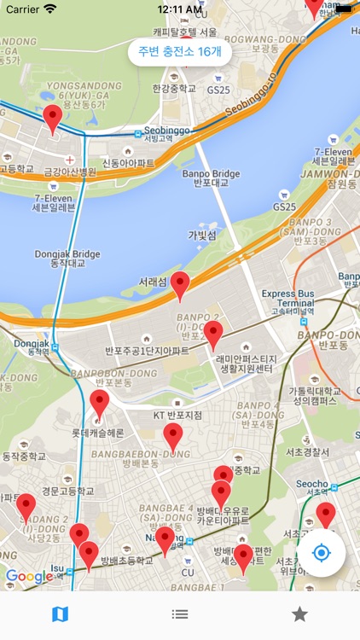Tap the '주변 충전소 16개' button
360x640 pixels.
coord(180,51)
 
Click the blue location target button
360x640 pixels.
coord(321,553)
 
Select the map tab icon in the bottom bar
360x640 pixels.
coord(60,614)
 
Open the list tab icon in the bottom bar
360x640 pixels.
coord(180,614)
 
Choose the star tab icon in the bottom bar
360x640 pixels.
coord(299,614)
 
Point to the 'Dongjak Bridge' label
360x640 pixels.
coord(67,258)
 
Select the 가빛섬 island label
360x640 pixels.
coord(202,235)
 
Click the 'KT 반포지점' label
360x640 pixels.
coord(177,415)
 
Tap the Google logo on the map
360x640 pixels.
coord(30,577)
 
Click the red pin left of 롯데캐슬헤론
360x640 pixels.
coord(100,404)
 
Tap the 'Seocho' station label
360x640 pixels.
coord(311,484)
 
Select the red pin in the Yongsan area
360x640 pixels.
coord(53,119)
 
